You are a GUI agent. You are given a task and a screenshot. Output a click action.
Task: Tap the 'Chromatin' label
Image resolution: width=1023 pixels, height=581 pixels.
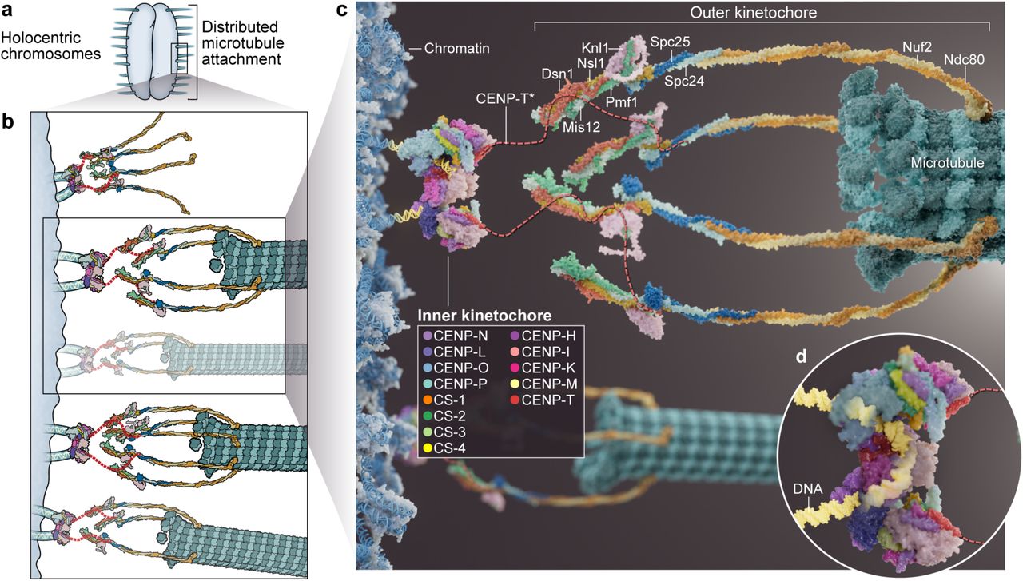point(457,49)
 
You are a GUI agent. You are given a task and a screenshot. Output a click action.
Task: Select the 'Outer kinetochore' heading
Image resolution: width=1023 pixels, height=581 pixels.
point(761,12)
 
